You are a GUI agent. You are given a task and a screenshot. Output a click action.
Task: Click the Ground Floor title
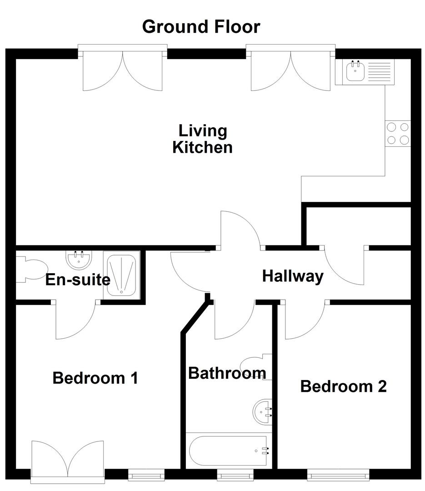point(201,27)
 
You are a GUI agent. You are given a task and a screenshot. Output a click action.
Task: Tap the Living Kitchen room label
point(202,139)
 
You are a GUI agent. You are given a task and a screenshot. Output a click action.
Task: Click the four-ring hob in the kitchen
point(397,134)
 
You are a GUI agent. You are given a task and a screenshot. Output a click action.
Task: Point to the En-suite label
point(78,279)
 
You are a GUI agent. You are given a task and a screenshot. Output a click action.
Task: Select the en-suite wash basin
point(79,260)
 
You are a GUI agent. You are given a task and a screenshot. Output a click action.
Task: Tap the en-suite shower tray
point(121,276)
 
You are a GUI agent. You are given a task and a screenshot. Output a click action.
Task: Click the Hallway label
point(293,276)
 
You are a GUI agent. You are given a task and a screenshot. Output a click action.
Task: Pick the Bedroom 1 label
point(95,378)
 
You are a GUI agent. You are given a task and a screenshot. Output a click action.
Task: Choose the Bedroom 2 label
point(343,386)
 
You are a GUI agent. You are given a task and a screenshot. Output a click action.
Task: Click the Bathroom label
point(227,373)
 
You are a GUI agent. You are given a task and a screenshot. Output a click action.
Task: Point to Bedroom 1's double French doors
point(68,459)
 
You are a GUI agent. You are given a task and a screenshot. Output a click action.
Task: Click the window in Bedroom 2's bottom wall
point(337,476)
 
